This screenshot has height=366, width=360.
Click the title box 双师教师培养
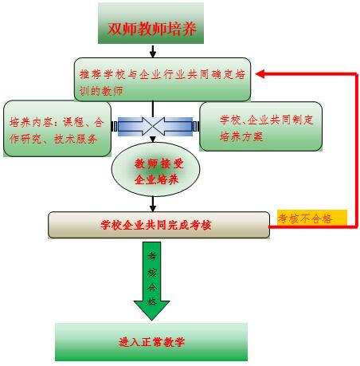[151, 23]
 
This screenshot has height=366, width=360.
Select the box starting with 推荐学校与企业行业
[162, 80]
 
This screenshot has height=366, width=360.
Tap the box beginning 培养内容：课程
[57, 128]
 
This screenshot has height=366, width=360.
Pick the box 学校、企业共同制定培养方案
[260, 127]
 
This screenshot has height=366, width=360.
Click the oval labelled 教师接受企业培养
[155, 170]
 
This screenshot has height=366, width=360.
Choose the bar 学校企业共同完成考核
[158, 225]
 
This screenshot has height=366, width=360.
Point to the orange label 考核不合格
[312, 218]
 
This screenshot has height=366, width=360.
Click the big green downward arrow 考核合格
[152, 281]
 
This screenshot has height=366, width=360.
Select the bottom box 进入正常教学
[151, 342]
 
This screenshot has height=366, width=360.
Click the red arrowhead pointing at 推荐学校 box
[260, 74]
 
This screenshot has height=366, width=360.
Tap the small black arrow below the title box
[153, 51]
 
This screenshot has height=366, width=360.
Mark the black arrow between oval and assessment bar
[153, 204]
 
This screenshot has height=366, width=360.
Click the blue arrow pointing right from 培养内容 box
[136, 126]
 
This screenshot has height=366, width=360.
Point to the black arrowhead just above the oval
[153, 140]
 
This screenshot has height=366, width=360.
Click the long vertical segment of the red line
[357, 150]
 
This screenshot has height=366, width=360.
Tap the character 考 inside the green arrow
[152, 256]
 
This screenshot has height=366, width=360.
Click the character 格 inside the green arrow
[152, 301]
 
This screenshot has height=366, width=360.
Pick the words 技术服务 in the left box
[76, 139]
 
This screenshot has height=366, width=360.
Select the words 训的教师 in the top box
[101, 91]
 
